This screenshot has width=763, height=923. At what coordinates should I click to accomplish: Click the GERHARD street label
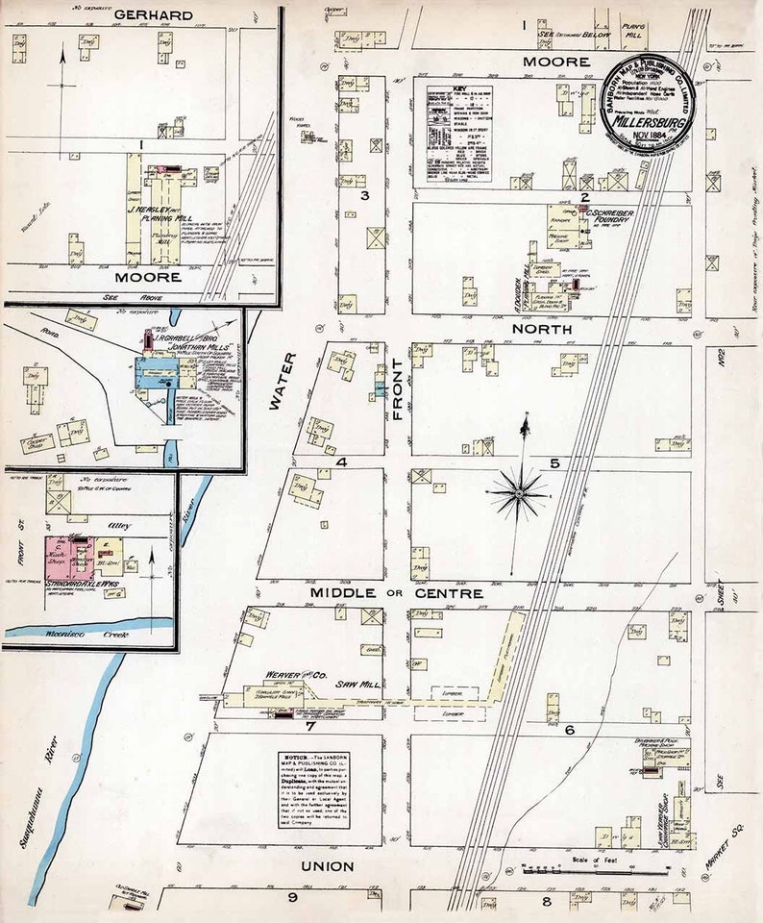153,15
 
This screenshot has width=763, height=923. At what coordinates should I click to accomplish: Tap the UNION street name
328,866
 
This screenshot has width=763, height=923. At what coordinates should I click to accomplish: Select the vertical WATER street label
278,385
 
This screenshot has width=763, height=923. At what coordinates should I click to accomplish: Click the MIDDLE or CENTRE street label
396,593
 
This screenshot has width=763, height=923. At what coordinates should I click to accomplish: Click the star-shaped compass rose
519,492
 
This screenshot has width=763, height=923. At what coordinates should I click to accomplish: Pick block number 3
365,196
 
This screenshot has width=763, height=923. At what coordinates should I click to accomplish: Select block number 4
341,462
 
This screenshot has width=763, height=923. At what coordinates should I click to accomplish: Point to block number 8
546,901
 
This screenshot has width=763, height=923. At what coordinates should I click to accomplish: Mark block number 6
569,730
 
